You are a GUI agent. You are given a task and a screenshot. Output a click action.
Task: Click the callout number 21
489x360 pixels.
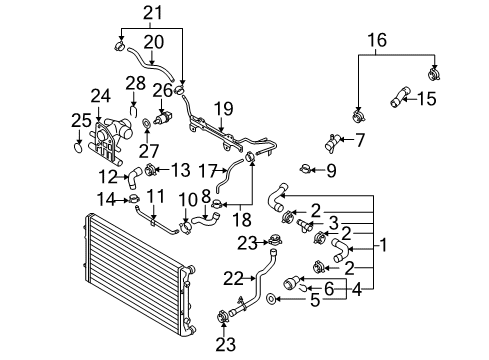coord(153,13)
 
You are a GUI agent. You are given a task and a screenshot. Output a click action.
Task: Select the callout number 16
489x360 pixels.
coord(377,40)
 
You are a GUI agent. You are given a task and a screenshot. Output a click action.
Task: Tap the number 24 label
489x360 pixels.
coord(101,96)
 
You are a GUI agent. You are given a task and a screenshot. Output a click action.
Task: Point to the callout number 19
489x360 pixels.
coord(224,109)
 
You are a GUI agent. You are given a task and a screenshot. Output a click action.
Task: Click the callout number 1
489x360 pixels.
coord(384,245)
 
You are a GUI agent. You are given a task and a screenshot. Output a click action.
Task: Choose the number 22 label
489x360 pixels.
coord(233,279)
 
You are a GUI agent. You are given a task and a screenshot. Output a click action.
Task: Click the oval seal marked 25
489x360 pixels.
coord(77,147)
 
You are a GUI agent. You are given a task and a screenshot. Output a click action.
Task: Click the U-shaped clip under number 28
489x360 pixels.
coord(134,111)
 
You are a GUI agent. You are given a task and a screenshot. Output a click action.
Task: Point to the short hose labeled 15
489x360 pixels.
coord(400,97)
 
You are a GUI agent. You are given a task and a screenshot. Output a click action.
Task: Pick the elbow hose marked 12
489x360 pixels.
coord(133,178)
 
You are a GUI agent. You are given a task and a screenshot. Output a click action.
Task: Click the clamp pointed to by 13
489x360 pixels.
coord(151,170)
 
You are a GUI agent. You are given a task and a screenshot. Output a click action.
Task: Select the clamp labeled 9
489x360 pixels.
coord(305,169)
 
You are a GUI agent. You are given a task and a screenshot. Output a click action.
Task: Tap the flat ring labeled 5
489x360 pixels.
coord(271,299)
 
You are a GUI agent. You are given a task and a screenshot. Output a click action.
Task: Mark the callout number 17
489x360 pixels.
coord(208,171)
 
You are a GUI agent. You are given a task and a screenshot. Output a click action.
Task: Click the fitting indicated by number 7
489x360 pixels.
coord(333,144)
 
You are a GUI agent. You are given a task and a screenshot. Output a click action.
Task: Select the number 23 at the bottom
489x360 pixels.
coord(226,345)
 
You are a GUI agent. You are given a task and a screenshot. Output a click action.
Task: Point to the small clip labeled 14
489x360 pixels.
coord(134,199)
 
